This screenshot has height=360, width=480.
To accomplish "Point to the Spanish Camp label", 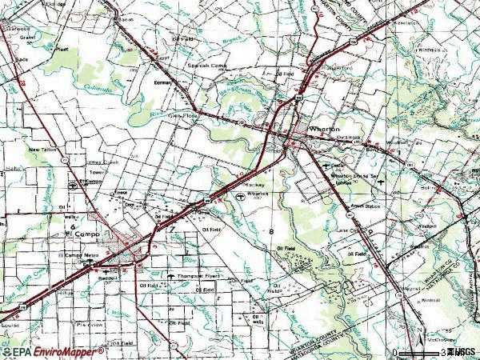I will click(205, 66).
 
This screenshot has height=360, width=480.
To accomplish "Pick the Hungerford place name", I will click(340, 68).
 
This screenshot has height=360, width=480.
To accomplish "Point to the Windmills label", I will click(429, 51).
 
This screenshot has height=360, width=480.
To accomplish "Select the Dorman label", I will click(164, 82).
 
